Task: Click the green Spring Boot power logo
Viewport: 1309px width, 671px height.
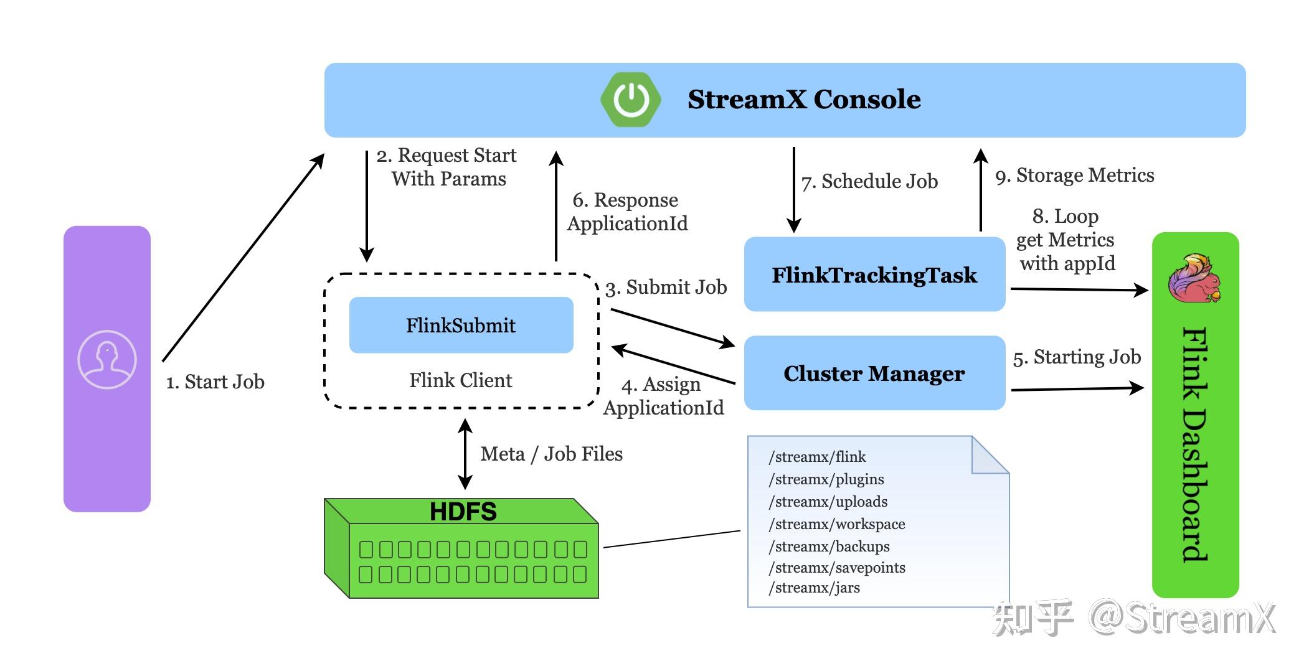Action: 630,100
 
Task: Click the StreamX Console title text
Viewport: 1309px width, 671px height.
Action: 804,100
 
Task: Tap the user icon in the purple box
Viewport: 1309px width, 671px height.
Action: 107,360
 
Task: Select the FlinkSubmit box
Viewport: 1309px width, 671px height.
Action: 461,325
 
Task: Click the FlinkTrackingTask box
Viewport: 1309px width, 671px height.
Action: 874,274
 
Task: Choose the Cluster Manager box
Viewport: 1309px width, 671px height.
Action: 874,373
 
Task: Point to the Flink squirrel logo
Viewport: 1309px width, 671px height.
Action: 1194,278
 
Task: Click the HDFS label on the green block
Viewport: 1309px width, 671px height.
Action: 463,512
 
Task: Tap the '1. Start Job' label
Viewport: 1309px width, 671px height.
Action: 215,382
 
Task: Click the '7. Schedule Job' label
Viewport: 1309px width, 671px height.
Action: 869,181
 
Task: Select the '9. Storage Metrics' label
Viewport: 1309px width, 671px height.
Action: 1075,176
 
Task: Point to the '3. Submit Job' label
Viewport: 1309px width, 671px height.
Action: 666,287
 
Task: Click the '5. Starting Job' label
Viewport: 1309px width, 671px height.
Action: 1077,357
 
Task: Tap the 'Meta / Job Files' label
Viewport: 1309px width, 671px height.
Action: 551,454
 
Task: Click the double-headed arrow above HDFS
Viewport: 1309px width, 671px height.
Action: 465,454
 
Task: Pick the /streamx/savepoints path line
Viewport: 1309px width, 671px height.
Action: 837,568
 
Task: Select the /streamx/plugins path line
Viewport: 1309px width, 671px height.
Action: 826,479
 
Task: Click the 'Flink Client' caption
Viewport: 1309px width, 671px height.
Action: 461,380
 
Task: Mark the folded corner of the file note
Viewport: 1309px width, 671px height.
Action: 990,455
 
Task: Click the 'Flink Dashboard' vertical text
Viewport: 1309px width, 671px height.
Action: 1194,444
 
